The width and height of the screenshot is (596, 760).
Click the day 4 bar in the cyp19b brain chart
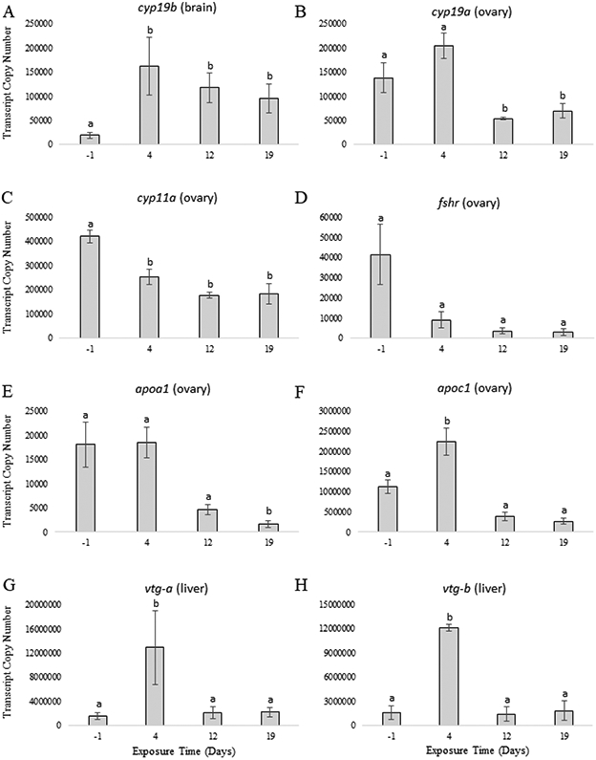click(149, 105)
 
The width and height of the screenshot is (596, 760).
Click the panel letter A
click(8, 10)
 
